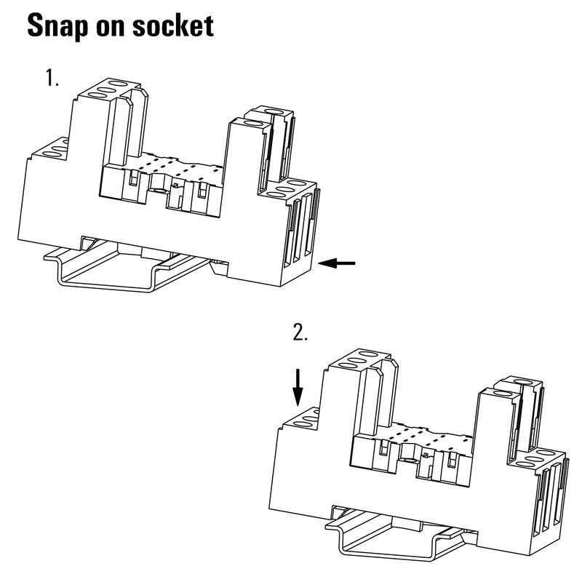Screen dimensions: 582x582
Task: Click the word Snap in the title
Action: click(x=57, y=26)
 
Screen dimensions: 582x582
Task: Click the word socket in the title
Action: click(x=173, y=26)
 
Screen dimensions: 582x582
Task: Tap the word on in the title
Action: click(x=111, y=28)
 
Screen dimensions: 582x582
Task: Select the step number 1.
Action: click(x=52, y=78)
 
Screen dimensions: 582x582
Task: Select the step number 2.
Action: click(x=300, y=332)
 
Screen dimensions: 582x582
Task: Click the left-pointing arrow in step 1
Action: click(x=337, y=263)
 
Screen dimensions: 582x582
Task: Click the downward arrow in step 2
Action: click(x=298, y=387)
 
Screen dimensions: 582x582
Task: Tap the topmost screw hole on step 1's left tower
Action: click(x=118, y=84)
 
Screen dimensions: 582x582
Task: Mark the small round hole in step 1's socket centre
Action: click(x=160, y=191)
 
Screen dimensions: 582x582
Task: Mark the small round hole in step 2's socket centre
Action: click(x=410, y=461)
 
